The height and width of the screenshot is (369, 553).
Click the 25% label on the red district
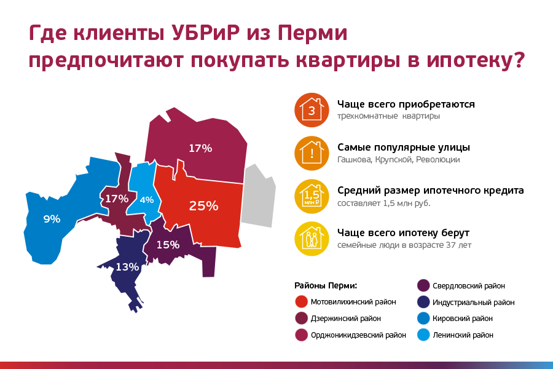pos(203,206)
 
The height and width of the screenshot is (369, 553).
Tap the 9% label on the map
pos(52,220)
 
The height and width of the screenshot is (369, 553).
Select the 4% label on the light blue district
pos(147,200)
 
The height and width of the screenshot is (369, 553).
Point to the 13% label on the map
pos(127,267)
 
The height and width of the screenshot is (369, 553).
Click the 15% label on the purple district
pos(168,244)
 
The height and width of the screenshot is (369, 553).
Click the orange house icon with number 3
pos(312,110)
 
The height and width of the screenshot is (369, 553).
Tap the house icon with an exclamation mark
pos(312,153)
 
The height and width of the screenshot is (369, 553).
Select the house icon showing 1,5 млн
pos(312,196)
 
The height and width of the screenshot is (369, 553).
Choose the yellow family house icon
pos(312,239)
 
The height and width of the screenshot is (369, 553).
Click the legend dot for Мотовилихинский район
pos(302,301)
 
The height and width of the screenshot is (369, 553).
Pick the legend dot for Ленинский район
pos(423,335)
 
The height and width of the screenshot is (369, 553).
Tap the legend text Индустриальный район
pos(473,302)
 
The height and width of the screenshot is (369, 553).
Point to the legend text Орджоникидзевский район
pos(358,335)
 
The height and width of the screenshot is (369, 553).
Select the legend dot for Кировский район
pos(423,318)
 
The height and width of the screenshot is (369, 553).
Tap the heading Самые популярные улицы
pos(404,147)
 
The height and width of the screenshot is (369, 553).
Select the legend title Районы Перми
pos(326,285)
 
